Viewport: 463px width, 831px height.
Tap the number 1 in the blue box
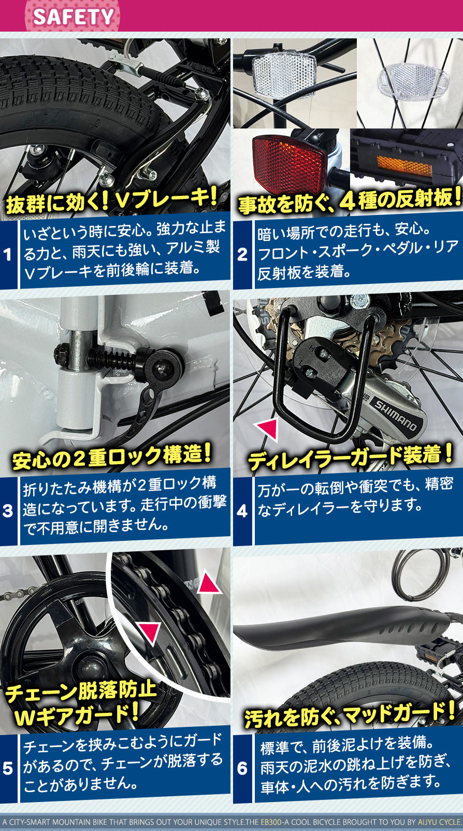(x=7, y=254)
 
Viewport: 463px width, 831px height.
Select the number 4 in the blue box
(x=242, y=511)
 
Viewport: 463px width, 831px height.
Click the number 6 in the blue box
(x=242, y=768)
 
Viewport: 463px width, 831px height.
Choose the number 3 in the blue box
(x=7, y=511)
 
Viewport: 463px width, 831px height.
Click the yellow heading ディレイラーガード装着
(x=350, y=457)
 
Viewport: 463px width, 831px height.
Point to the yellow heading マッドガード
(x=394, y=715)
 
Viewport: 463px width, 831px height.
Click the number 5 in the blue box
(x=7, y=768)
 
